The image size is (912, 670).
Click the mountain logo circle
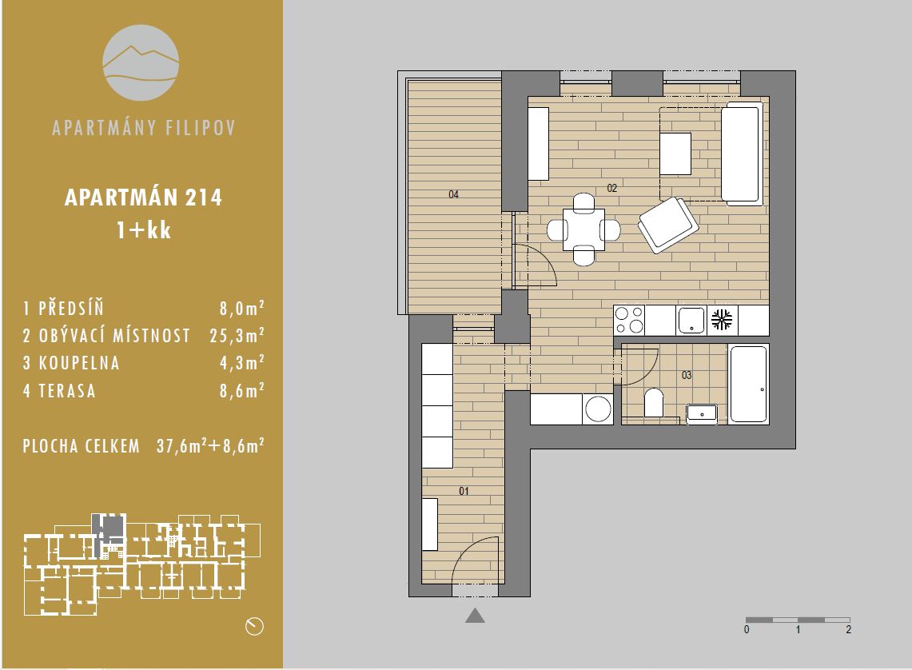pyautogui.click(x=141, y=62)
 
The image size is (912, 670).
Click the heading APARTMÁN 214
pyautogui.click(x=143, y=197)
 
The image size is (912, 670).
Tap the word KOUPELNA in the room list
pyautogui.click(x=79, y=363)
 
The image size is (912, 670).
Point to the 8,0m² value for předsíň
pyautogui.click(x=242, y=308)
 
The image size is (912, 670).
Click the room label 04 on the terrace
pyautogui.click(x=454, y=194)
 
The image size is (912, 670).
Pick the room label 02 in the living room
pyautogui.click(x=612, y=188)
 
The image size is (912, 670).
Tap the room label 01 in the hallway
pyautogui.click(x=464, y=491)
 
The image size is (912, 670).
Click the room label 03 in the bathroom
pyautogui.click(x=687, y=375)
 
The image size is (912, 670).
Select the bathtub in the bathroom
pyautogui.click(x=750, y=384)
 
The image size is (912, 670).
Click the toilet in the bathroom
pyautogui.click(x=654, y=402)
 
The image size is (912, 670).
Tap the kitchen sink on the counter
pyautogui.click(x=691, y=320)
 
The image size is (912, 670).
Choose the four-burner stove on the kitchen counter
pyautogui.click(x=629, y=320)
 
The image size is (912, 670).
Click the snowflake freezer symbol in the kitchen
pyautogui.click(x=723, y=320)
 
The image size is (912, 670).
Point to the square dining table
pyautogui.click(x=583, y=229)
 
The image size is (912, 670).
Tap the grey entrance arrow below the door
pyautogui.click(x=476, y=616)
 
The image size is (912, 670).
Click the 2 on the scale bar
pyautogui.click(x=849, y=630)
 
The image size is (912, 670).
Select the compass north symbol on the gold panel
pyautogui.click(x=255, y=626)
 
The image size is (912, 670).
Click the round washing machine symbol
pyautogui.click(x=598, y=409)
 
